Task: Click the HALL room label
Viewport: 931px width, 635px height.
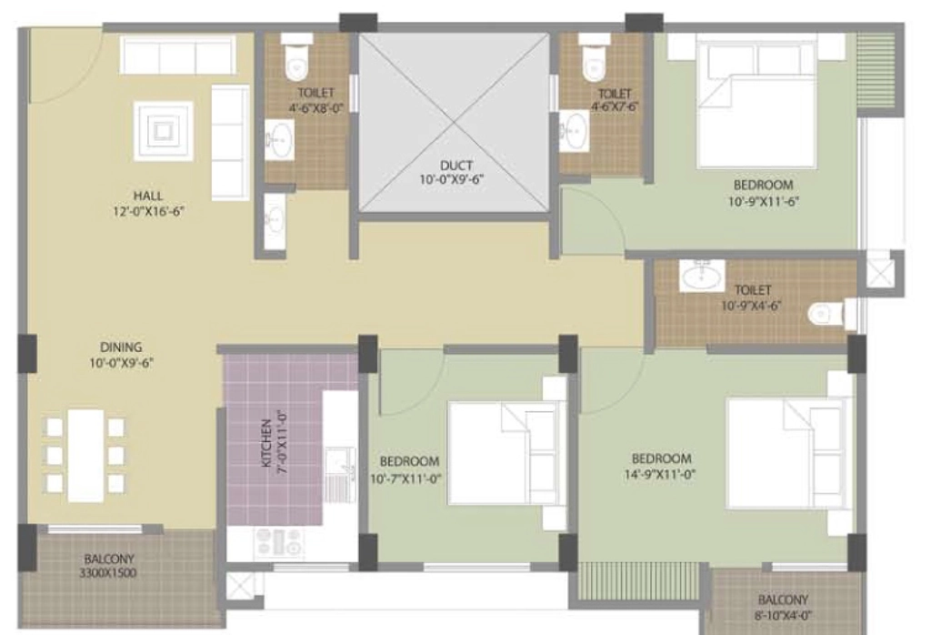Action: (x=148, y=196)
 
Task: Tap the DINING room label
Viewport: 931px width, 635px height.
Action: (x=121, y=347)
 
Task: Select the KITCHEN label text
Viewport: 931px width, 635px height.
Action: (x=266, y=443)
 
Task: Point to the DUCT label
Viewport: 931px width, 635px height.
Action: (x=456, y=166)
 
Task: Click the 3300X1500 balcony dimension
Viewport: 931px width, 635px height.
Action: (x=108, y=573)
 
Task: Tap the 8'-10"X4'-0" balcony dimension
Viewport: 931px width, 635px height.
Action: (x=783, y=616)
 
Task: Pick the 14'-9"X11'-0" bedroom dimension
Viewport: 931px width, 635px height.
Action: (x=660, y=474)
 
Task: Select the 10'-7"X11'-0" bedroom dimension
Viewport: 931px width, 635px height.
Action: (x=406, y=479)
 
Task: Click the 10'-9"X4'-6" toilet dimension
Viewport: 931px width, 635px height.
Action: (x=751, y=306)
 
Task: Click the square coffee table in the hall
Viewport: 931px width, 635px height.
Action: (x=164, y=131)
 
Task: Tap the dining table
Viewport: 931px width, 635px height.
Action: (x=86, y=456)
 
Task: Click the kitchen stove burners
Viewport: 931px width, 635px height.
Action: (x=280, y=541)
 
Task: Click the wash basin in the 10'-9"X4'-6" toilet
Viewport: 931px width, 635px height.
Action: (x=702, y=276)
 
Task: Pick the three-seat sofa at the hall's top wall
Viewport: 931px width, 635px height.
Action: (x=177, y=55)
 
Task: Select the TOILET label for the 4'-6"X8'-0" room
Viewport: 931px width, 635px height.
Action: (x=315, y=93)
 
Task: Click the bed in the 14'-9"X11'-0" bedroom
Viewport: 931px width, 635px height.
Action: (x=786, y=454)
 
